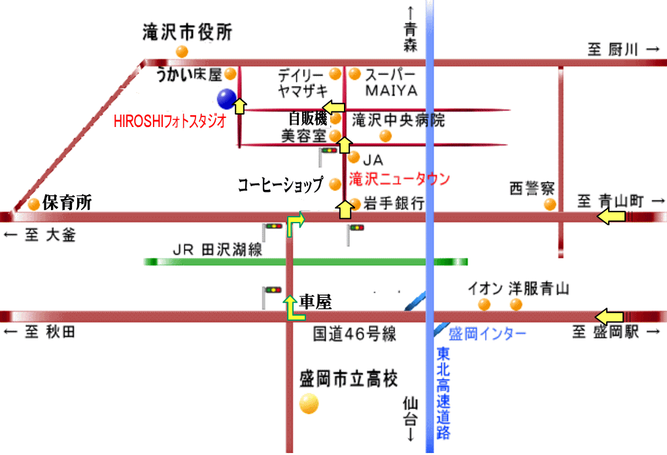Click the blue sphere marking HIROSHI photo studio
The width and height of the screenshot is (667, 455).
226,99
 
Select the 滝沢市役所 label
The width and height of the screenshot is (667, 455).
187,33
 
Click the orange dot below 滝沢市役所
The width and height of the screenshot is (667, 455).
182,51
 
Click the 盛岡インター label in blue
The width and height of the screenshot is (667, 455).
487,333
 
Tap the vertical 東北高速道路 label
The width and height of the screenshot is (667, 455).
443,392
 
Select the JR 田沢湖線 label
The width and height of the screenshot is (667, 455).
217,249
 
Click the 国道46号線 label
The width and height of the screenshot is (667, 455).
354,335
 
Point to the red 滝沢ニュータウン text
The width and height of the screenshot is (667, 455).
400,178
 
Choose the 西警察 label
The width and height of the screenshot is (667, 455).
532,189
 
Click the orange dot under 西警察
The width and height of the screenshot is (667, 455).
550,204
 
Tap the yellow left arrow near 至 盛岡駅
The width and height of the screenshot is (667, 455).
611,316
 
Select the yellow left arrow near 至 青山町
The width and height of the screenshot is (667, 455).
612,217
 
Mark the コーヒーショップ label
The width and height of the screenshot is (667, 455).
280,185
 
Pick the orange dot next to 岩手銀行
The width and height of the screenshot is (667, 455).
354,204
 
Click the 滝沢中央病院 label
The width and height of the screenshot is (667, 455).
398,120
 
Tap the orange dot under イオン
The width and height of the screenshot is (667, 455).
484,304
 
